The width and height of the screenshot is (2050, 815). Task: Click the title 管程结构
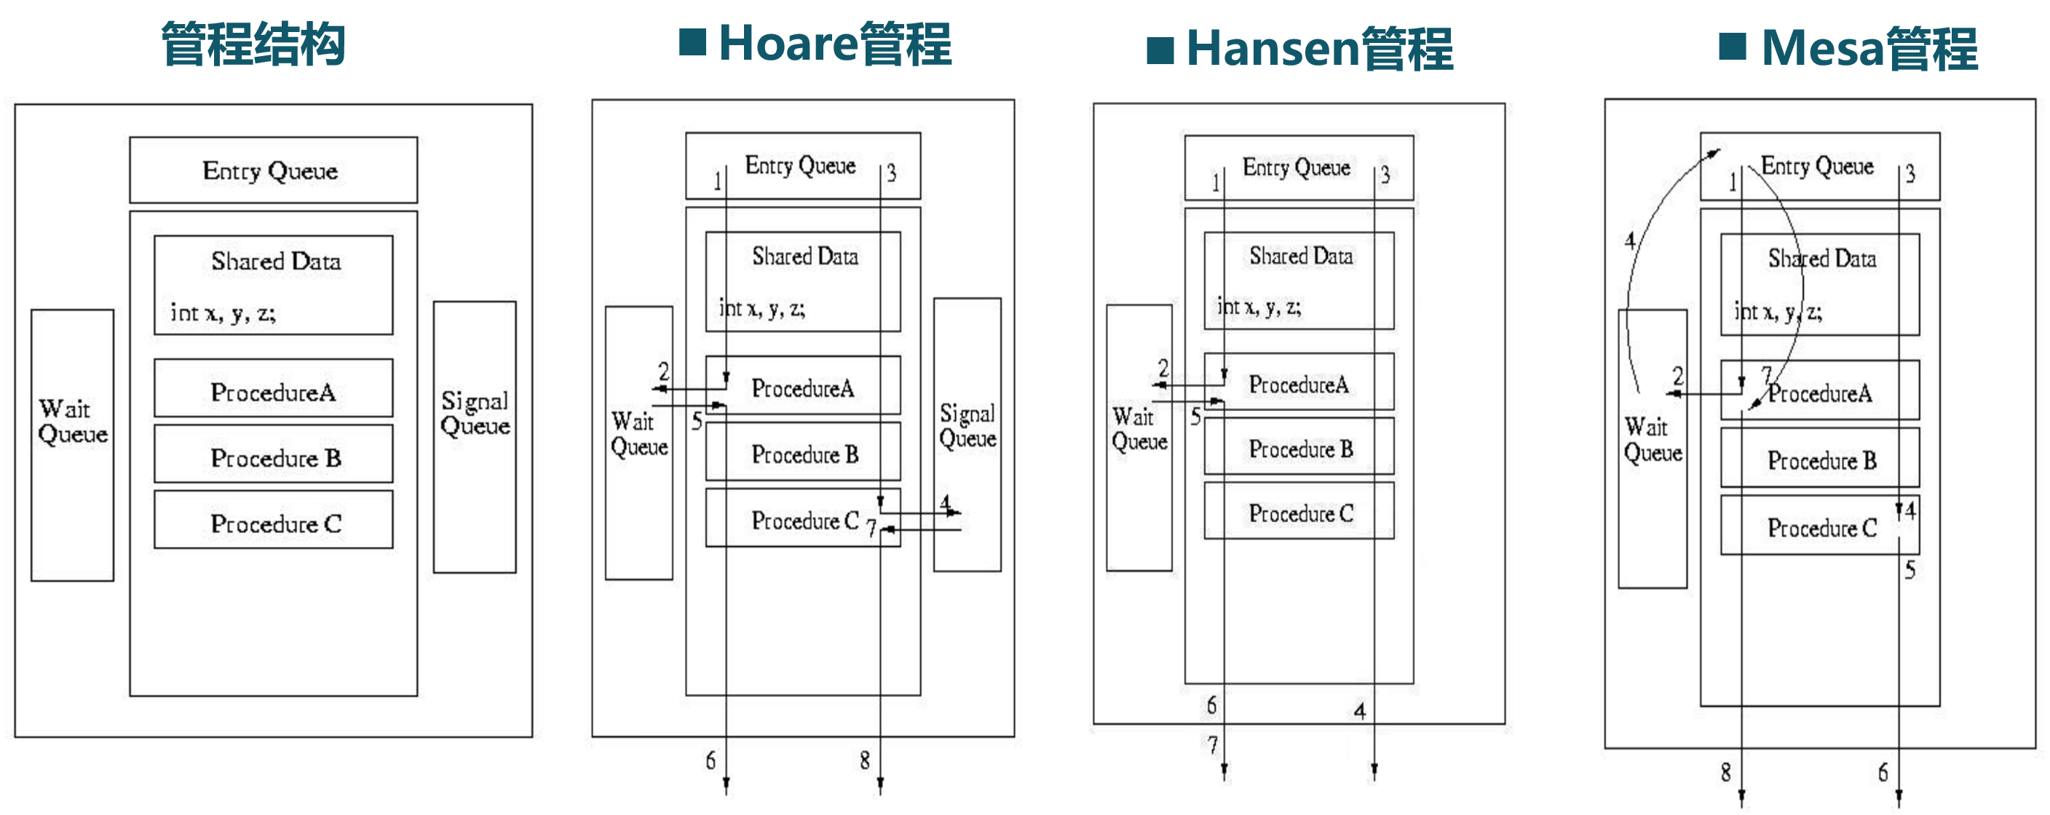coord(253,44)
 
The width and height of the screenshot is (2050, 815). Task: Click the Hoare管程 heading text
coord(835,44)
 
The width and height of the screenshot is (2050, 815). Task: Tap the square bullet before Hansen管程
coord(1160,50)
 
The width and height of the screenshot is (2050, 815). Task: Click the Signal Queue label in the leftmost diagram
coord(475,413)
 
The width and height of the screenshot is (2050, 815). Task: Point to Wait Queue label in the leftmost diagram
coord(71,422)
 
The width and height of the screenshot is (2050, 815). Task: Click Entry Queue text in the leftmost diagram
coord(270,171)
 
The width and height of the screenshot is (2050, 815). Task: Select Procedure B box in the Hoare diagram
coord(804,454)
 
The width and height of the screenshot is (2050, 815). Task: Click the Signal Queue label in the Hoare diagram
coord(967,426)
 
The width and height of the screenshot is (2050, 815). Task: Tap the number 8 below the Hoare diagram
coord(864,761)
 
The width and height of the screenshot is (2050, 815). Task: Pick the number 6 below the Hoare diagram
coord(711,761)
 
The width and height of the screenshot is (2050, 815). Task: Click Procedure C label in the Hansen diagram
coord(1300,514)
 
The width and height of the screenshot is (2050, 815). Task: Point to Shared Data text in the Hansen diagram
coord(1300,256)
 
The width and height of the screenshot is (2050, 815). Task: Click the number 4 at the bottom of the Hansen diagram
coord(1360,711)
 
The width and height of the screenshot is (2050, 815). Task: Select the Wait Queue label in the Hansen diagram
coord(1139,429)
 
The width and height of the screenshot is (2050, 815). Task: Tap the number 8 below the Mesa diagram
coord(1725,772)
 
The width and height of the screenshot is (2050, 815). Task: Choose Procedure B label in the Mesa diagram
coord(1821,461)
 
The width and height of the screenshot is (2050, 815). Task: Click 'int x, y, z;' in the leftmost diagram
coord(223,312)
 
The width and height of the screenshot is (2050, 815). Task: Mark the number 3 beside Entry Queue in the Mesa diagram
coord(1910,174)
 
